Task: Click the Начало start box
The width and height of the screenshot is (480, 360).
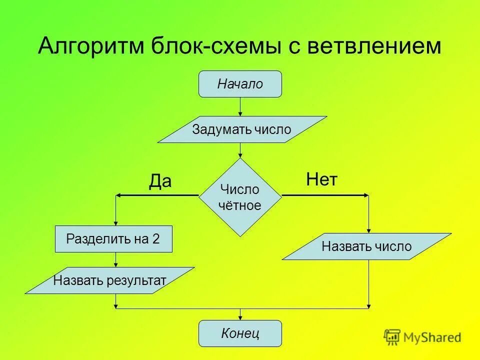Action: click(240, 84)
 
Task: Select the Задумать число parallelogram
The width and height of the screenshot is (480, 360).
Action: click(242, 129)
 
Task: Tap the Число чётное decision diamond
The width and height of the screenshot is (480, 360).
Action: click(240, 197)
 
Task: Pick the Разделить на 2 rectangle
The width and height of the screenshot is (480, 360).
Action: click(113, 239)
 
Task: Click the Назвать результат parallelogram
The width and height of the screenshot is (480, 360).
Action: click(109, 280)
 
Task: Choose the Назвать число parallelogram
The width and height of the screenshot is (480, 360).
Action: click(366, 246)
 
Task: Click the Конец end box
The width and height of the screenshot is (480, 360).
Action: click(240, 333)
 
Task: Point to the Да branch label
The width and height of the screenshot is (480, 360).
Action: click(160, 181)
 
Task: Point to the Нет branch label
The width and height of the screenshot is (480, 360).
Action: click(321, 179)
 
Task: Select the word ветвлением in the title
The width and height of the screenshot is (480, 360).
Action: click(375, 47)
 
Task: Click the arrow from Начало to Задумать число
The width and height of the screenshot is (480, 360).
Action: click(240, 106)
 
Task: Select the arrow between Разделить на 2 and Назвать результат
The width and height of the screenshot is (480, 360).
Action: click(116, 259)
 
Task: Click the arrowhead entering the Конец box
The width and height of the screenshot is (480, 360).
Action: click(240, 317)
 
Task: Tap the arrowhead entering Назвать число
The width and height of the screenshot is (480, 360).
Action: click(369, 229)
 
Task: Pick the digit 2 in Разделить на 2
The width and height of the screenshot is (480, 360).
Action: click(156, 239)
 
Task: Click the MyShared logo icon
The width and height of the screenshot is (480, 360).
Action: click(392, 337)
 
